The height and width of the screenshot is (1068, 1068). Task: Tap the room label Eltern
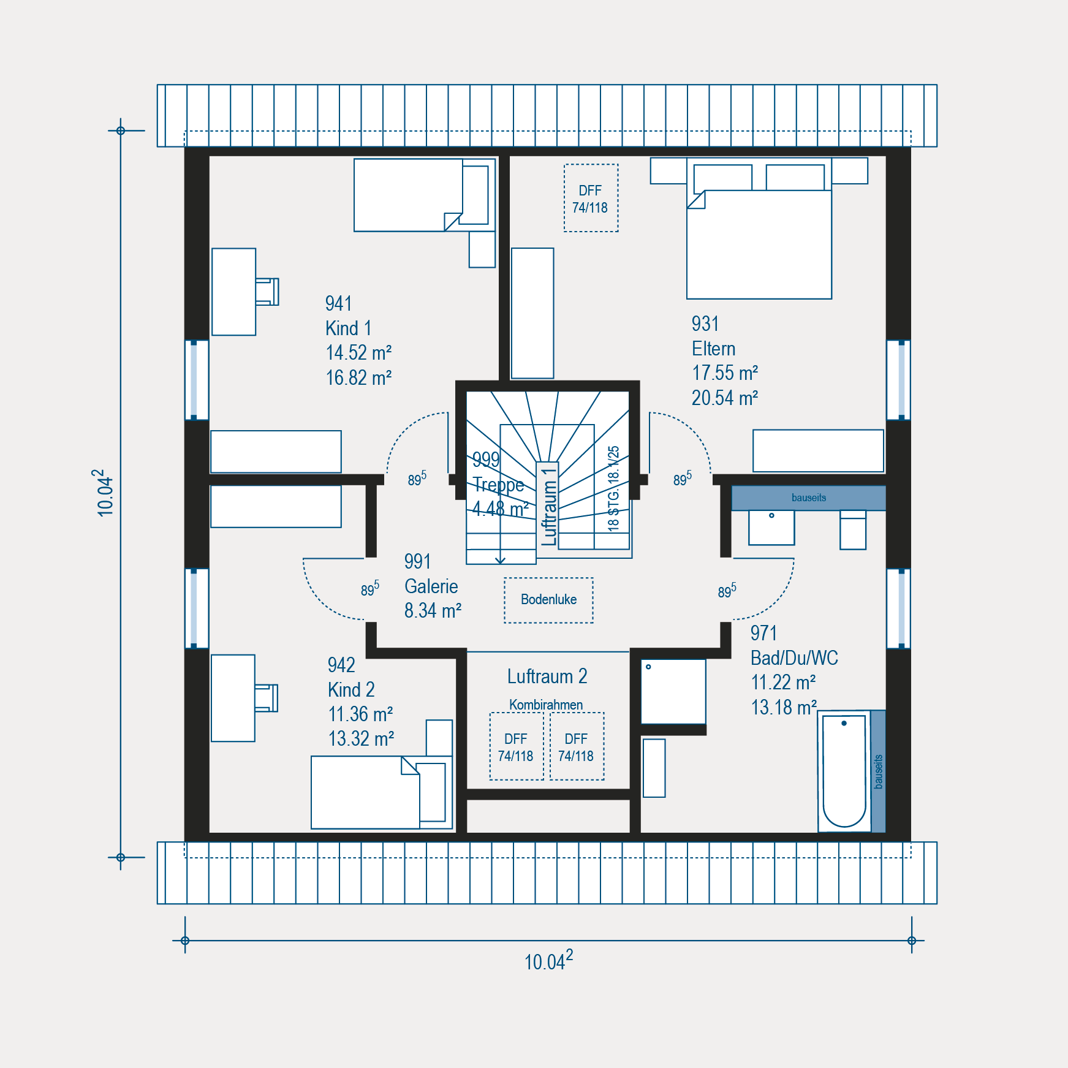pyautogui.click(x=713, y=349)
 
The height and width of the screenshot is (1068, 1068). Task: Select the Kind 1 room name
pyautogui.click(x=348, y=328)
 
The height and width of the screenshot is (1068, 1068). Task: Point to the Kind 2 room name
pyautogui.click(x=351, y=690)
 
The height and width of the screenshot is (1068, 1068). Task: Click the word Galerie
pyautogui.click(x=431, y=586)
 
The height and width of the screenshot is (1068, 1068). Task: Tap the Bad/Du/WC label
pyautogui.click(x=794, y=658)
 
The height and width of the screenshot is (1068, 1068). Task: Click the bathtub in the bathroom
pyautogui.click(x=844, y=771)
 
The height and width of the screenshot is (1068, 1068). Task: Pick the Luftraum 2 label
pyautogui.click(x=547, y=676)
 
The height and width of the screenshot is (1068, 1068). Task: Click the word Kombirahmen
pyautogui.click(x=546, y=705)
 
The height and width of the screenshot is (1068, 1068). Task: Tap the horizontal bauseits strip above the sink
pyautogui.click(x=808, y=498)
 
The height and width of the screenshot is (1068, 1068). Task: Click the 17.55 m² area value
pyautogui.click(x=725, y=373)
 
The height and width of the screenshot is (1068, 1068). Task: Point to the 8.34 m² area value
pyautogui.click(x=433, y=611)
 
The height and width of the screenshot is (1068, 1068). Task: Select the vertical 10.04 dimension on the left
pyautogui.click(x=105, y=493)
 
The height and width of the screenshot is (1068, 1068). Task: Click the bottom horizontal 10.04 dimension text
pyautogui.click(x=548, y=960)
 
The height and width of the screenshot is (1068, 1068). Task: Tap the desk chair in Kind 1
pyautogui.click(x=267, y=292)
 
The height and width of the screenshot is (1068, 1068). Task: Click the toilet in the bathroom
pyautogui.click(x=853, y=530)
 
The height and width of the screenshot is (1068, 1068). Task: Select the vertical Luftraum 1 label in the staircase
pyautogui.click(x=549, y=507)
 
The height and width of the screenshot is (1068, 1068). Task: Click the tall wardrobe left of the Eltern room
pyautogui.click(x=532, y=313)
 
